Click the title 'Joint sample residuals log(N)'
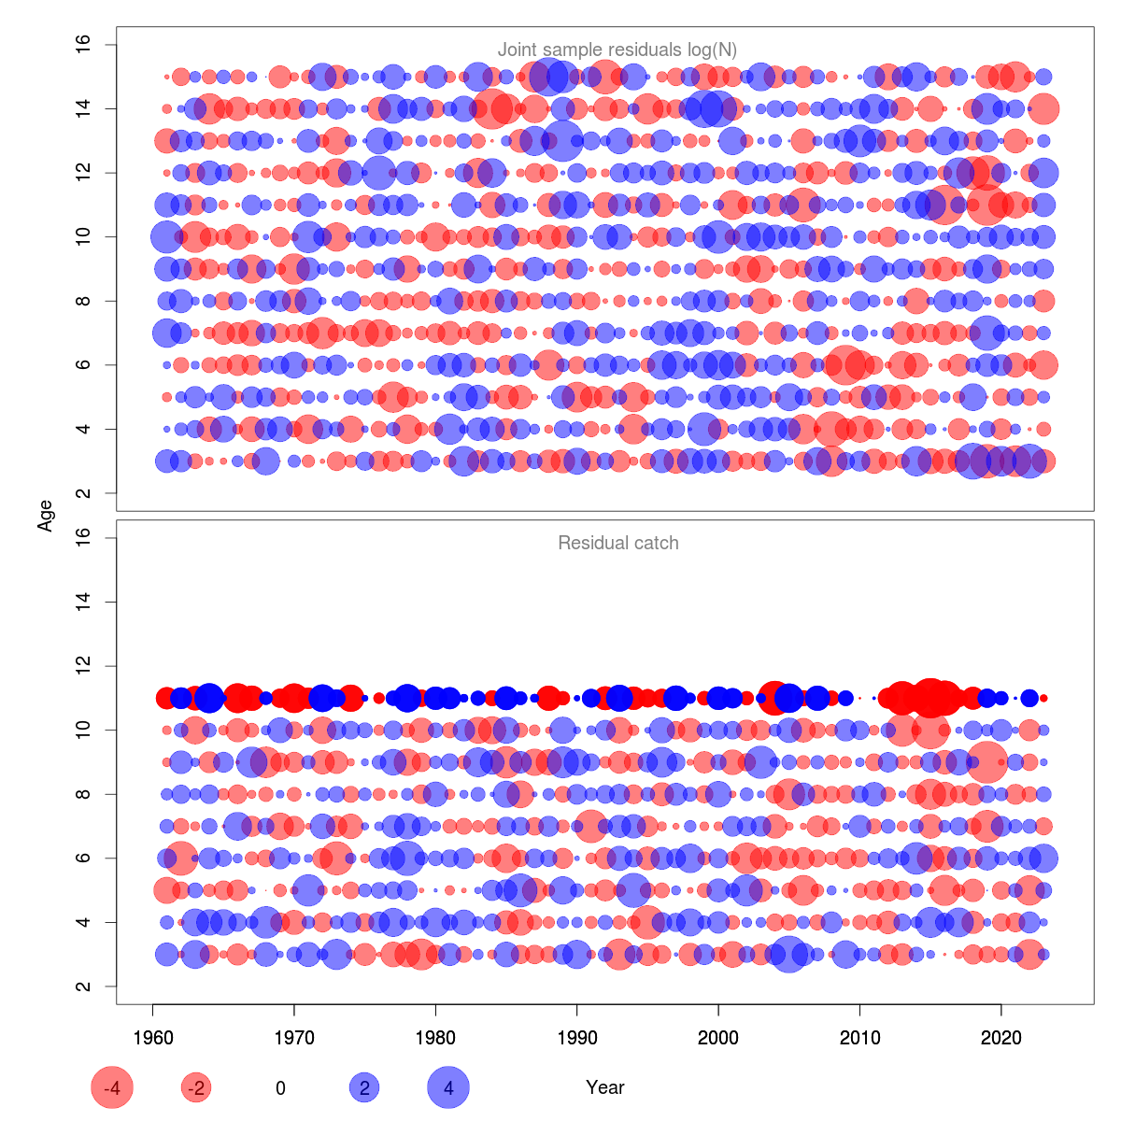617,50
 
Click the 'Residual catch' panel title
617,543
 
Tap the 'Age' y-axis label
45,516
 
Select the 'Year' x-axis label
605,1087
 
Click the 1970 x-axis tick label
294,1038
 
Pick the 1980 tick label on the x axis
435,1038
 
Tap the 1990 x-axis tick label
577,1038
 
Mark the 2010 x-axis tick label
859,1038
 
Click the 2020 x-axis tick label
1001,1038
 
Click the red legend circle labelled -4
112,1087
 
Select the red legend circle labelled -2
196,1087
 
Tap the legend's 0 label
280,1087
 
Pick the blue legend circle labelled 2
364,1087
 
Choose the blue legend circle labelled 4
448,1087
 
